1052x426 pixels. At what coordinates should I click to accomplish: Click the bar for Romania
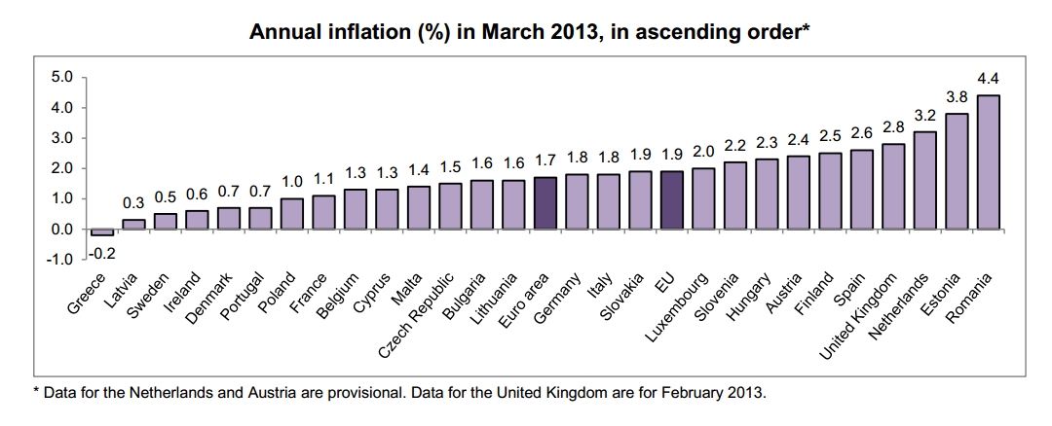click(x=988, y=161)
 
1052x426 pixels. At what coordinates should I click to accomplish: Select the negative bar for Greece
click(x=102, y=232)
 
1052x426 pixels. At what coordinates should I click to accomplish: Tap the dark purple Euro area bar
click(x=545, y=202)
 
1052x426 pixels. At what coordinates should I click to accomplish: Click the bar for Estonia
click(x=957, y=171)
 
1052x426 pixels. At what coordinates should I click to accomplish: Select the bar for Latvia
click(x=133, y=225)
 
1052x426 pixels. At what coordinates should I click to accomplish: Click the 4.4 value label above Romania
click(x=988, y=79)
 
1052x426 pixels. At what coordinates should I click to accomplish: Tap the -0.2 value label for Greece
click(x=103, y=253)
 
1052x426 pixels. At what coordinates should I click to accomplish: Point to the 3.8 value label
click(x=957, y=97)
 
